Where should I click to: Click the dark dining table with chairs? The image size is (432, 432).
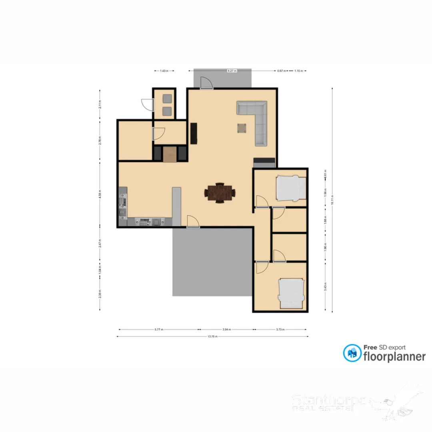(220, 193)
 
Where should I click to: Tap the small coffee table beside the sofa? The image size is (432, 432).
(242, 128)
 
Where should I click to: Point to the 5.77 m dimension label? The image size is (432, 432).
(159, 330)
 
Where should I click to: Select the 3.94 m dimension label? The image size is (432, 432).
(227, 330)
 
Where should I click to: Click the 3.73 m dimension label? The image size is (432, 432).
(280, 330)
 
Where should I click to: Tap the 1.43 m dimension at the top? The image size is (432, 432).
(164, 71)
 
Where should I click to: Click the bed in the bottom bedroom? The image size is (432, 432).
(291, 294)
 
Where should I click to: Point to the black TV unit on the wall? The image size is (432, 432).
(194, 133)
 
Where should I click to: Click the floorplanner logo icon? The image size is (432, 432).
(352, 353)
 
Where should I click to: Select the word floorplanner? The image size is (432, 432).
(394, 356)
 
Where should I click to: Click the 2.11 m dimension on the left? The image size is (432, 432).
(100, 104)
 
